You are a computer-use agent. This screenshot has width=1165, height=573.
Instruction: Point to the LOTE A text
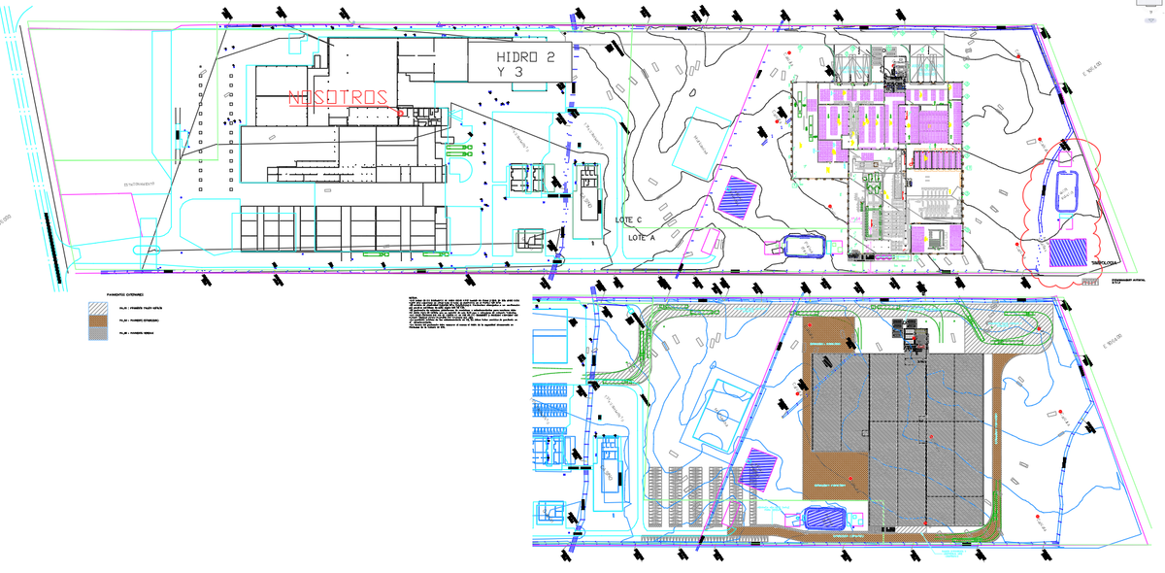tap(642, 237)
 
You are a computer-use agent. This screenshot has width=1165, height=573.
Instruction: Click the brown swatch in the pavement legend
tap(98, 320)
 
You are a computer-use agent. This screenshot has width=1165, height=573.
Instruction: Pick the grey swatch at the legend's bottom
tap(98, 334)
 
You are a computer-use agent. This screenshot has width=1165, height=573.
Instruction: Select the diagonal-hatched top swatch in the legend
tap(98, 306)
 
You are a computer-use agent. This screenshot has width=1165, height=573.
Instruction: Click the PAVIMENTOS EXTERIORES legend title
tap(126, 292)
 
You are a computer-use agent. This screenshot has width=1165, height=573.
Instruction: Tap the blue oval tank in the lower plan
tap(824, 518)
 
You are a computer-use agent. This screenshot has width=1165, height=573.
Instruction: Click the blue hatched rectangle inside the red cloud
tap(1068, 253)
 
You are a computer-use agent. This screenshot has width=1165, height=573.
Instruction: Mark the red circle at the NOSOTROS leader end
tap(400, 112)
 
